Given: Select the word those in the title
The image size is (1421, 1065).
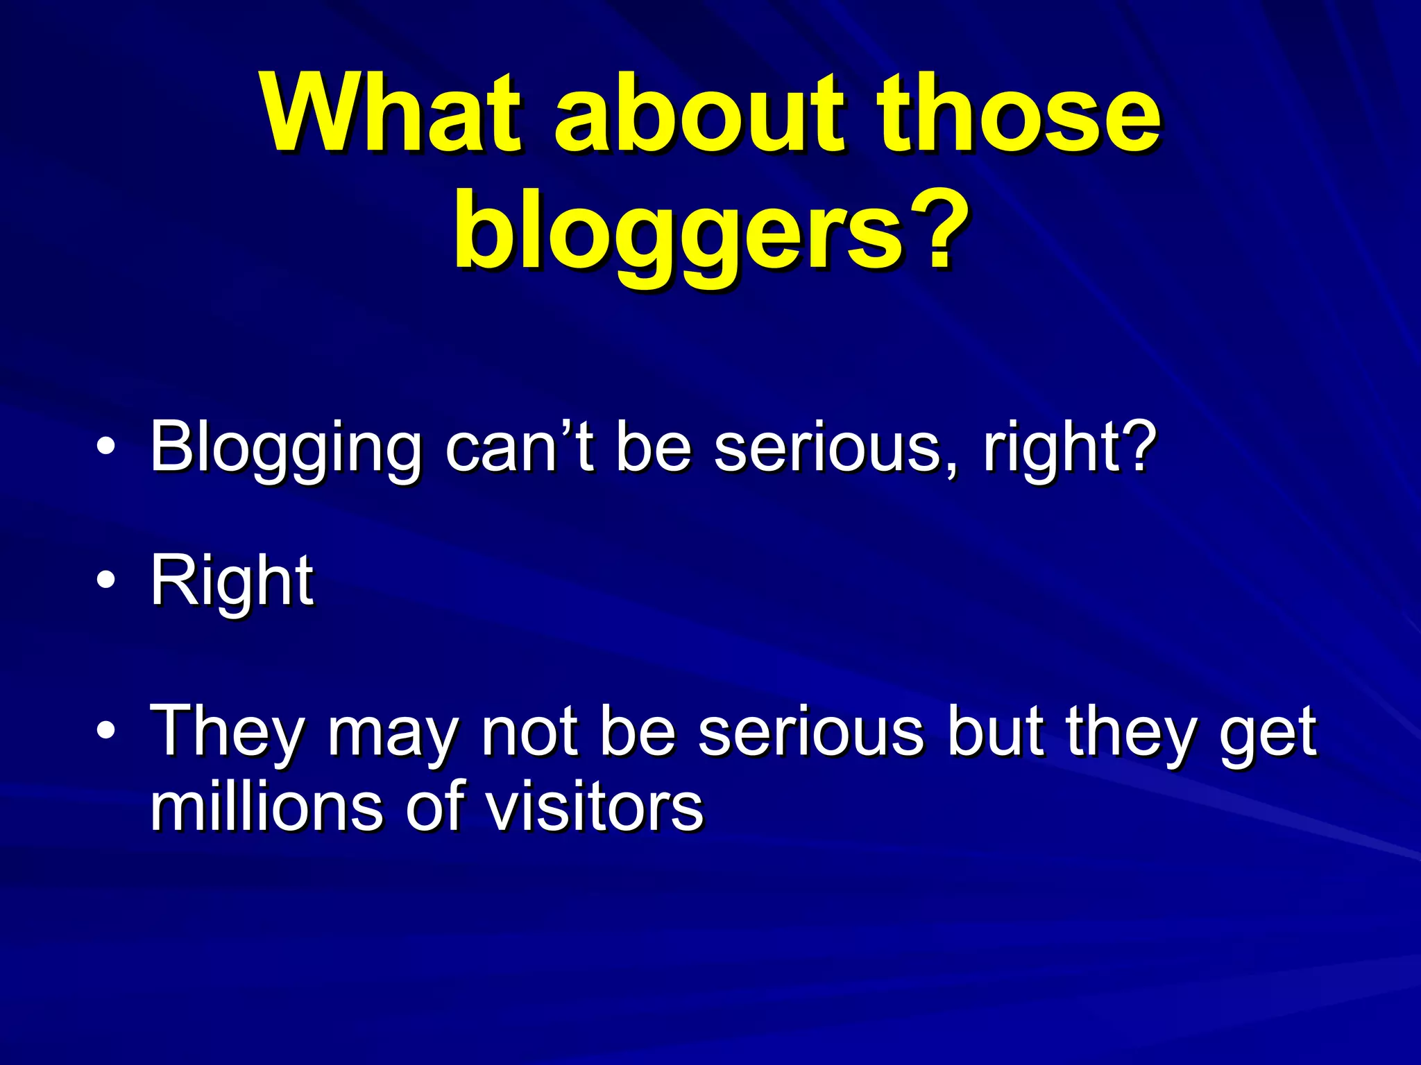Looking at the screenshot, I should pos(1017,114).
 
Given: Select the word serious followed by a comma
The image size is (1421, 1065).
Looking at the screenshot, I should pos(837,449).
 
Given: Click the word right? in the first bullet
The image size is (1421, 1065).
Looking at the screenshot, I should pos(1069,449).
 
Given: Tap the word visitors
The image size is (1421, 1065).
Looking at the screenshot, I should pos(594,807).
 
